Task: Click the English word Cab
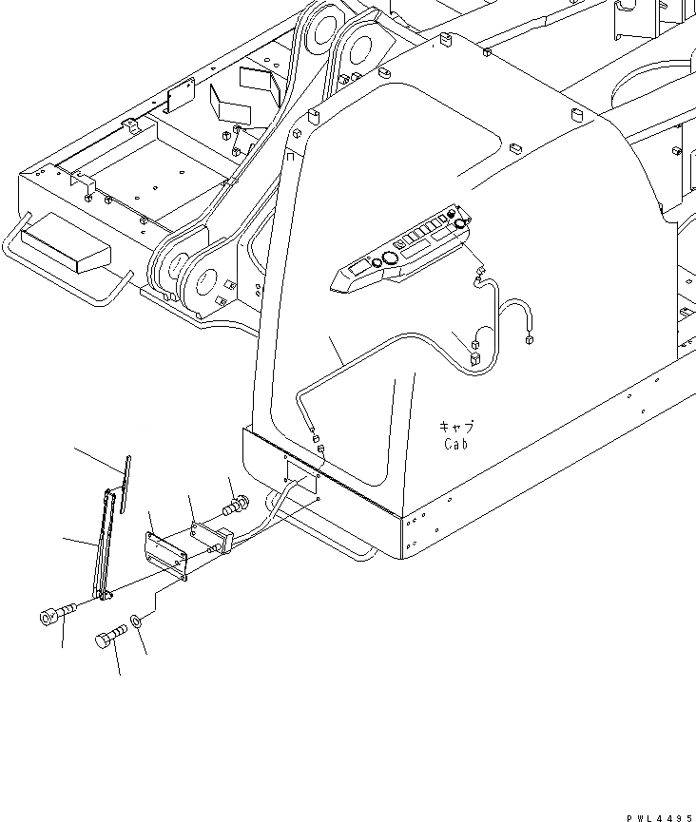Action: tap(457, 443)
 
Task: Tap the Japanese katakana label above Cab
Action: tap(457, 427)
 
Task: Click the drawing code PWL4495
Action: tap(650, 815)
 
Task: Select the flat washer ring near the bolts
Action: tap(138, 621)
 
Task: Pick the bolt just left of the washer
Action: tap(106, 639)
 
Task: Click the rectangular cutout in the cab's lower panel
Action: tap(302, 483)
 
